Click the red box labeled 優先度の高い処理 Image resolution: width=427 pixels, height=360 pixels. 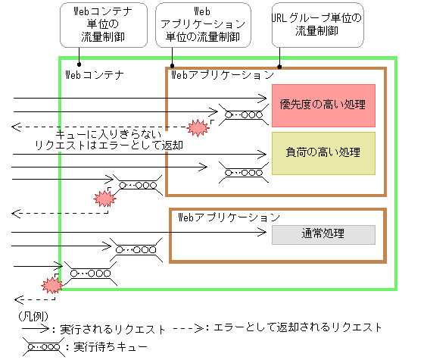point(323,105)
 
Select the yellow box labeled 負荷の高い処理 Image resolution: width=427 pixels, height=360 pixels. point(323,153)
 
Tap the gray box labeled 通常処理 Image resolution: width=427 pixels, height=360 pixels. point(323,234)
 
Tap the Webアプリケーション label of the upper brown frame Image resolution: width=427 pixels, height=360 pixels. point(223,75)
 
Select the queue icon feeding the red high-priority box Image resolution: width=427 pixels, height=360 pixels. point(243,115)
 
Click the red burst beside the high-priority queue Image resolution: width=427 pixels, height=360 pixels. point(198,127)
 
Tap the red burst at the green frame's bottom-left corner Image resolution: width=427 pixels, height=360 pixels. point(51,285)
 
